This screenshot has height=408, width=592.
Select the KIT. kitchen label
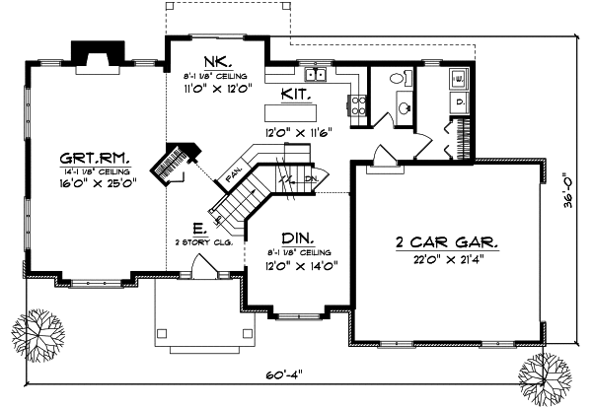(298, 95)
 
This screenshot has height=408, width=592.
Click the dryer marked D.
(461, 102)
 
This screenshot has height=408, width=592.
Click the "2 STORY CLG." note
(203, 242)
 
